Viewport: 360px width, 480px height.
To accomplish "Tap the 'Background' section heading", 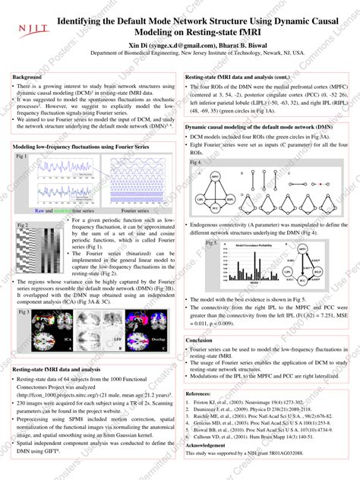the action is [27, 78].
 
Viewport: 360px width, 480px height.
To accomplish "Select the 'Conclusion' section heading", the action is [200, 340].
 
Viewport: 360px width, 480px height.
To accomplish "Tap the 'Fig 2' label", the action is [22, 226].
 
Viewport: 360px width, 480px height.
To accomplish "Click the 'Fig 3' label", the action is [22, 312].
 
